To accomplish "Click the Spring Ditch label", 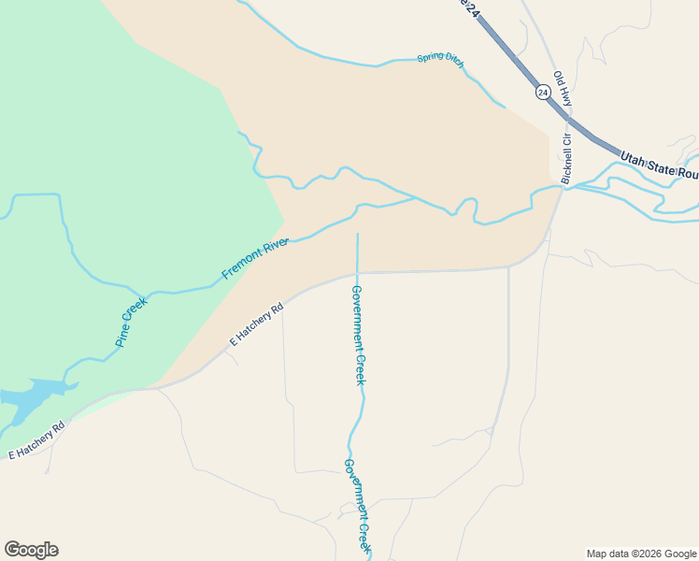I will tap(440, 58).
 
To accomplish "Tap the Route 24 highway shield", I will tap(543, 92).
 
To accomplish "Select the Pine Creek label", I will tap(132, 323).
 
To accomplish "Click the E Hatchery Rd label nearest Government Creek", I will tap(256, 324).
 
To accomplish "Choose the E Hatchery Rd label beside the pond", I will tap(36, 441).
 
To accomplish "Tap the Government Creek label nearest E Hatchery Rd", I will tap(358, 334).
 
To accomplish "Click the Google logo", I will tap(31, 550).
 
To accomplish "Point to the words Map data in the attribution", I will tap(606, 554).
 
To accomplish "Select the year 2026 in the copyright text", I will tap(649, 554).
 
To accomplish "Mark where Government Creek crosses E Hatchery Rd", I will tap(357, 273).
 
